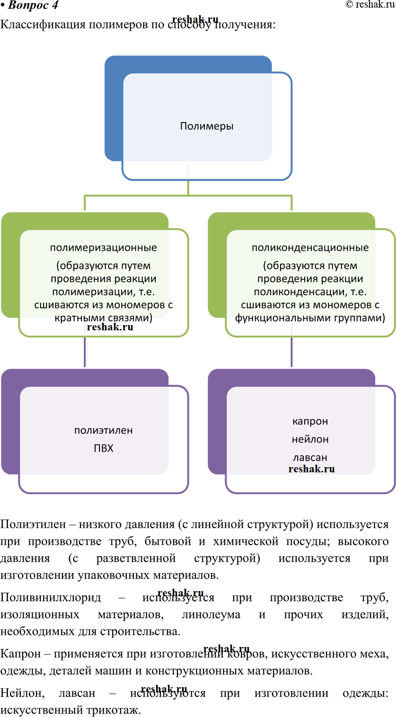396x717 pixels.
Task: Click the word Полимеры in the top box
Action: click(x=207, y=126)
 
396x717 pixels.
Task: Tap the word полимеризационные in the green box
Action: click(x=103, y=248)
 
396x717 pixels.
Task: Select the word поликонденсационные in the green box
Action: click(x=310, y=248)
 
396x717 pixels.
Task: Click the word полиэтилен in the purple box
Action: click(x=103, y=430)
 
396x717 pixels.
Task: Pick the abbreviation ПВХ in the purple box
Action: click(x=103, y=448)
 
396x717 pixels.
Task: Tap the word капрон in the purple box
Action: click(x=310, y=422)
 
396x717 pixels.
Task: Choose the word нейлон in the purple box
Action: click(x=310, y=439)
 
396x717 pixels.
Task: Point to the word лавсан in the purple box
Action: click(x=310, y=457)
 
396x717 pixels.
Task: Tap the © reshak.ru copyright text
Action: click(x=370, y=4)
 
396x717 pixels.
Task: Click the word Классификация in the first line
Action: click(x=43, y=25)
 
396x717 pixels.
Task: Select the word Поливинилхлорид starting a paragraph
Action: click(x=51, y=597)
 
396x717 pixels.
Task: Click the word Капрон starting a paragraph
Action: click(x=20, y=654)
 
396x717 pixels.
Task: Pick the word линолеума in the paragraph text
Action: click(x=211, y=615)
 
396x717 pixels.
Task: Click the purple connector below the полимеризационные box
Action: click(x=85, y=352)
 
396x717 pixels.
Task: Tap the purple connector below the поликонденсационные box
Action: click(x=292, y=352)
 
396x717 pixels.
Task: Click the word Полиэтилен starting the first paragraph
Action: click(x=33, y=524)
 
